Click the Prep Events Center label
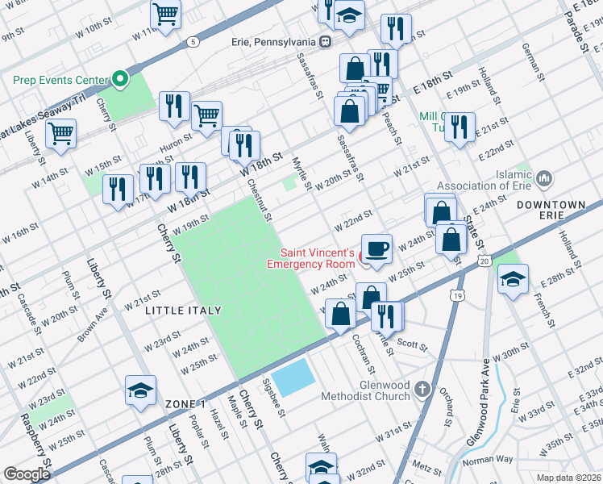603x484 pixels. click(60, 80)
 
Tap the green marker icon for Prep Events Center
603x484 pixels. click(120, 79)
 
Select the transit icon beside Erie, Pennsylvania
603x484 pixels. click(325, 42)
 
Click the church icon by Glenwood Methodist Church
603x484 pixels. click(422, 390)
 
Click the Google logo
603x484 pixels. click(27, 474)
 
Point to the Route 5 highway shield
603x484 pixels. click(193, 41)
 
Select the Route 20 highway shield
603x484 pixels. click(483, 261)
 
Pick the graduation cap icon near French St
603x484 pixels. click(512, 279)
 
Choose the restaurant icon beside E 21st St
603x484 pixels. click(460, 127)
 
